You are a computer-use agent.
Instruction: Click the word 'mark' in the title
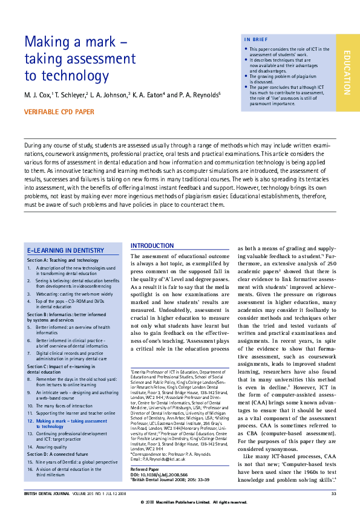96,43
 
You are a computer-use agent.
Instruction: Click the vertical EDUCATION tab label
347,73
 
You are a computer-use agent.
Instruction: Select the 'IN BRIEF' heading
255,40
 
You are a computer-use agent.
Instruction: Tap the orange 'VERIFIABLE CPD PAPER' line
59,112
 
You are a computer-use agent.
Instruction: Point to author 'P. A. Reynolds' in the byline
199,95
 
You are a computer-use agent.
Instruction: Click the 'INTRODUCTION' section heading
152,246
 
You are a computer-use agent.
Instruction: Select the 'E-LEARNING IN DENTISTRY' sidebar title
65,250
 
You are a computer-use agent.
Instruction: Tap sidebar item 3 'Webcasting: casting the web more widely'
71,293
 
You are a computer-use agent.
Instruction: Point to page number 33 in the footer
333,494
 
